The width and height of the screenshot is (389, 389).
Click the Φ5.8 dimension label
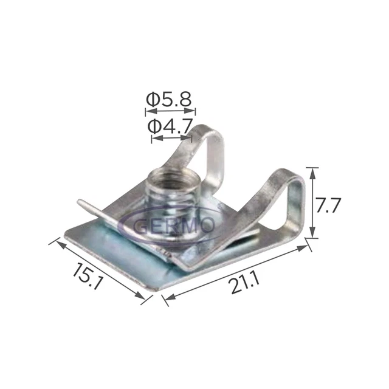coord(170,98)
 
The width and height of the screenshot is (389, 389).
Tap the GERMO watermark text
coord(174,225)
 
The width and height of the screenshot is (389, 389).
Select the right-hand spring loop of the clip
coord(291,201)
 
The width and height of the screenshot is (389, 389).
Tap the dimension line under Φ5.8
coord(170,111)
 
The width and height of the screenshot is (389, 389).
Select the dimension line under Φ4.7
coord(172,139)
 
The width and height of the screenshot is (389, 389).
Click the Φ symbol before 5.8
coord(153,98)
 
